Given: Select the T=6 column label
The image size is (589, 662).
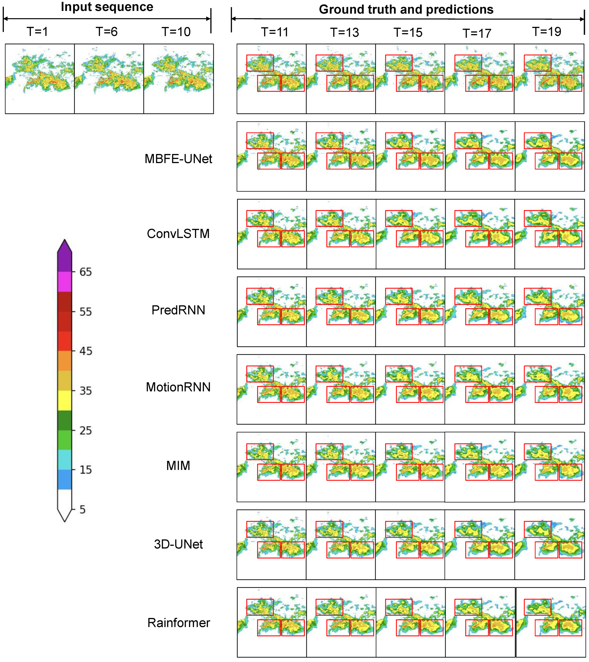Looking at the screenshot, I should [107, 32].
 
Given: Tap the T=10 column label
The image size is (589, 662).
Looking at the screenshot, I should [176, 32].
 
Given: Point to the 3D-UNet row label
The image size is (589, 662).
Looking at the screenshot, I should [178, 544].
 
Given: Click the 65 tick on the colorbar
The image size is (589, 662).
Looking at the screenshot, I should [86, 272].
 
